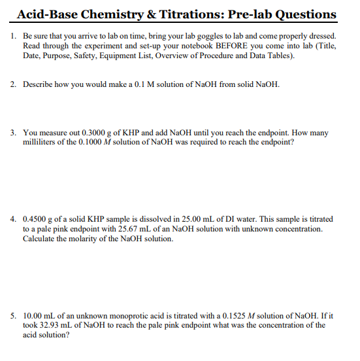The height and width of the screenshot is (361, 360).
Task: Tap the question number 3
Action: click(14, 133)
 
